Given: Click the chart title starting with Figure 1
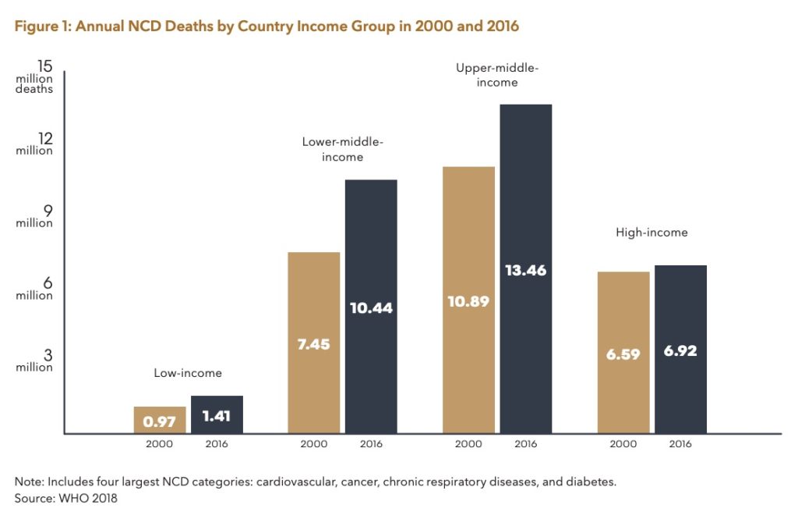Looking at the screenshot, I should tap(267, 27).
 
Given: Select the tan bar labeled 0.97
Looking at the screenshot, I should tap(160, 420).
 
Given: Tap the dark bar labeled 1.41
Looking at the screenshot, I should tap(217, 414).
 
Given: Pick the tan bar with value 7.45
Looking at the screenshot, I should tap(313, 343).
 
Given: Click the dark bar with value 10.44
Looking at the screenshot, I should tap(371, 307).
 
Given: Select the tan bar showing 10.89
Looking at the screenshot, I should tap(468, 300).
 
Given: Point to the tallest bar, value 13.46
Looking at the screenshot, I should tap(525, 269).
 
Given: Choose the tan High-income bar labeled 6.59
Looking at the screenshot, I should tap(623, 353).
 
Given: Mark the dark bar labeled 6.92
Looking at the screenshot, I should tap(680, 350).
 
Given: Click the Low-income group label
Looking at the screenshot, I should tap(188, 373).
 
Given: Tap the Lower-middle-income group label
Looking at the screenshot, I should tap(343, 149).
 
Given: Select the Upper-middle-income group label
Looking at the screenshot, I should tap(497, 75).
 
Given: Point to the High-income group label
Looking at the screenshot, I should tap(651, 233).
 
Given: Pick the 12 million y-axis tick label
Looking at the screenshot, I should tap(34, 144).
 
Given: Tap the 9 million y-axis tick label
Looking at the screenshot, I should tap(34, 216).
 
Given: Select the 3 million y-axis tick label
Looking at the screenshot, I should tap(34, 361).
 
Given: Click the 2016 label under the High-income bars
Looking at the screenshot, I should tap(680, 444).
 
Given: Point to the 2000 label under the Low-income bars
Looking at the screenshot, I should tap(159, 444).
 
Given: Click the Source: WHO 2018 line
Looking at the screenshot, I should tap(66, 497).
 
